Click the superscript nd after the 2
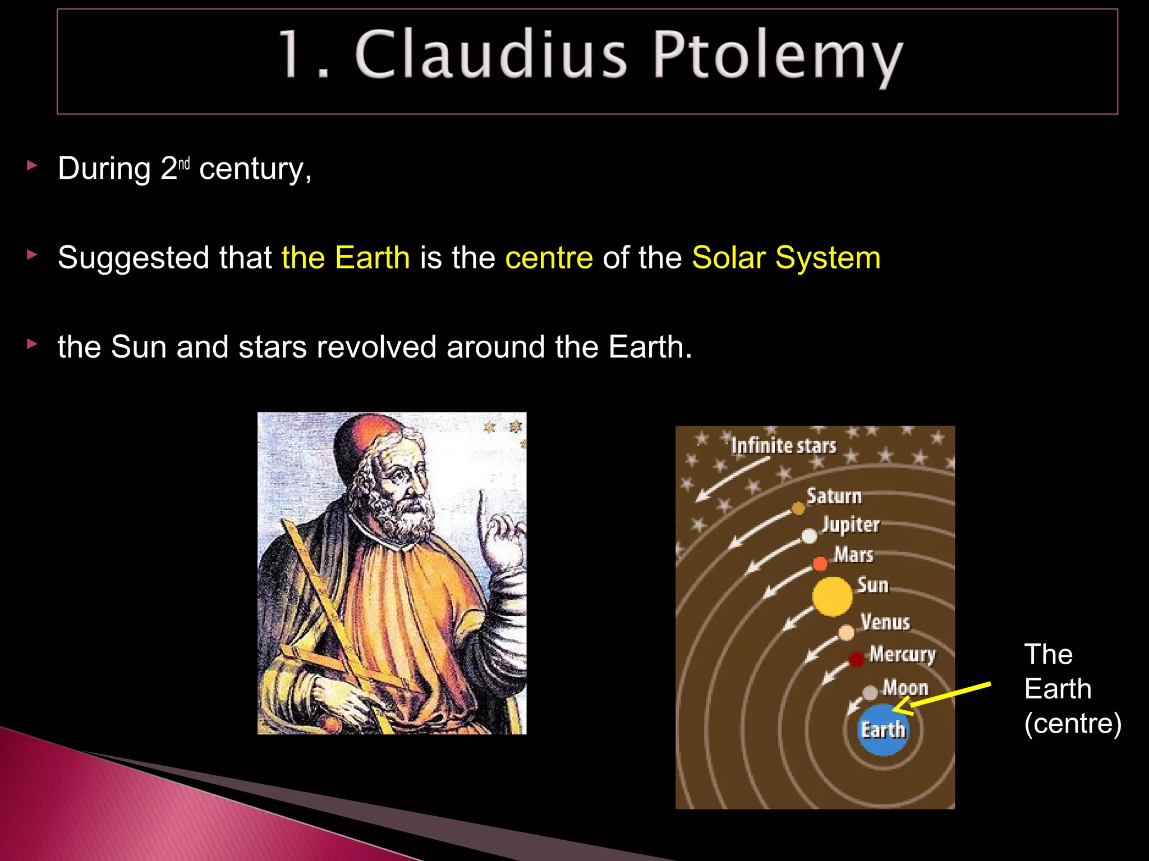coord(184,164)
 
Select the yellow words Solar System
coord(785,258)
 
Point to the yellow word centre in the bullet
coord(549,258)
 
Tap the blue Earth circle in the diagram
coord(883,729)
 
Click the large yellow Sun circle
coord(832,596)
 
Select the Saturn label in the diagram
coord(834,496)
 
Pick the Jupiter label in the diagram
coord(851,525)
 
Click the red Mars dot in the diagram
coord(820,563)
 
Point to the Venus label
coord(885,622)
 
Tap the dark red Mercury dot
coord(856,659)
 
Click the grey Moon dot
coord(870,693)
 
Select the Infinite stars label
coord(783,446)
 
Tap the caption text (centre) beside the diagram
coord(1072,723)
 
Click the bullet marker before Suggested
coord(32,255)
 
